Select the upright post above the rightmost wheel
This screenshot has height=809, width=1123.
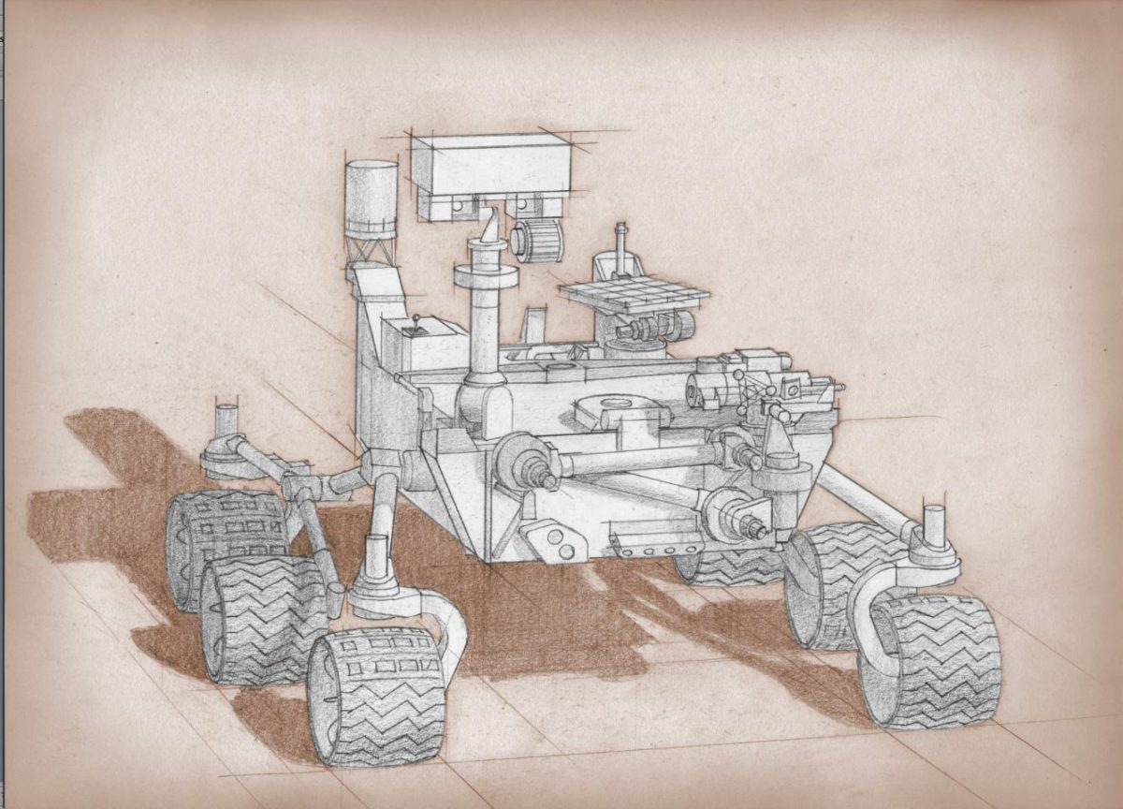[x=934, y=523]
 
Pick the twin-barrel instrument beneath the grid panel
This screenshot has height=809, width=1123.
[x=655, y=328]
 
